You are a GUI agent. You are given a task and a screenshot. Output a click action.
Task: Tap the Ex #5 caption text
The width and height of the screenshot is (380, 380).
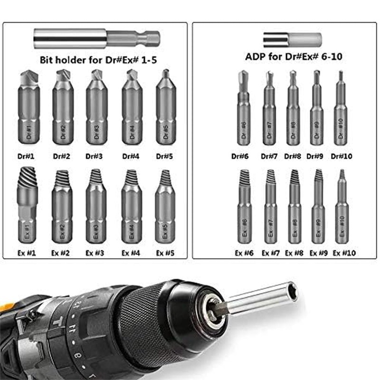166,253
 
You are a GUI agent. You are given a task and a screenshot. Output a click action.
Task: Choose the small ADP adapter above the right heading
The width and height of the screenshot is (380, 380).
292,39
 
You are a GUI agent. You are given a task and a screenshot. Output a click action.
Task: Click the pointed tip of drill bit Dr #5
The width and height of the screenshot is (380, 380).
166,74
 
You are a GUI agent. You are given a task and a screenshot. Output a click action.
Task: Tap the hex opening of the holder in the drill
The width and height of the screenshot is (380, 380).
293,291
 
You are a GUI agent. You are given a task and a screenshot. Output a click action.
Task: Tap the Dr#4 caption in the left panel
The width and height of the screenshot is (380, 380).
131,155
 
